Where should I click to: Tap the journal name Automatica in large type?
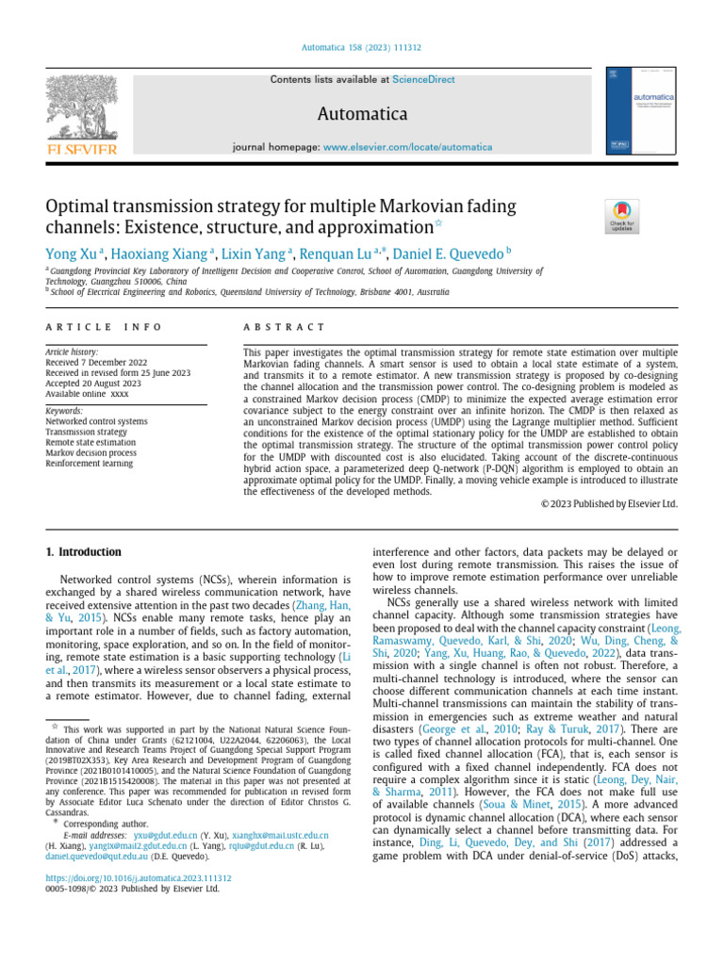tap(362, 114)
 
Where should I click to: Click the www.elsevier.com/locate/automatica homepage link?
tap(407, 147)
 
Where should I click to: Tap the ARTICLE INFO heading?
tap(104, 326)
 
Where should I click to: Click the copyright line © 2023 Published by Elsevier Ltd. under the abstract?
tap(609, 503)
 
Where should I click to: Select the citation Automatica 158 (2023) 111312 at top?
tap(361, 45)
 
